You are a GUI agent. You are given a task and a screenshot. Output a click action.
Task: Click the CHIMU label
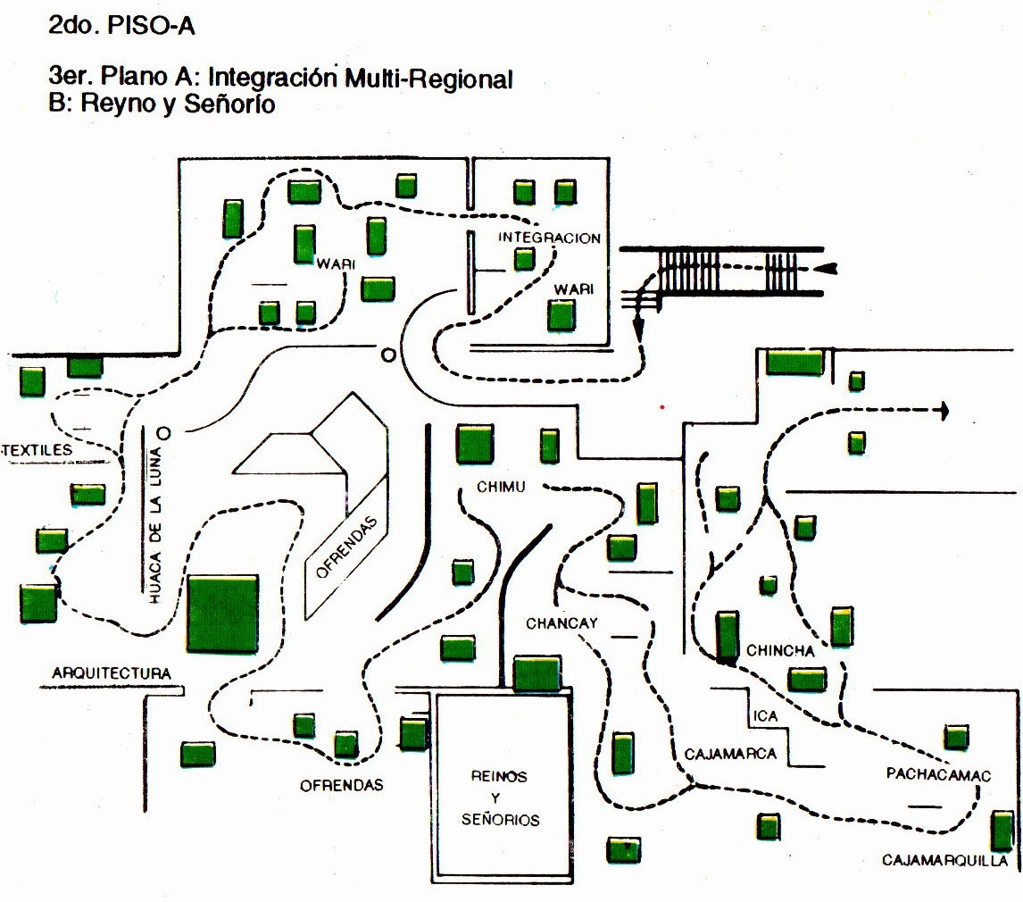coord(500,487)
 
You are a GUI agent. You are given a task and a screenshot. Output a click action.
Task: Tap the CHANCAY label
coord(561,623)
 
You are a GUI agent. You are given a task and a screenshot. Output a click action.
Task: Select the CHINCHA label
coord(780,651)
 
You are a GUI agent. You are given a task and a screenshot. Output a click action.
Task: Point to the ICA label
coord(765,715)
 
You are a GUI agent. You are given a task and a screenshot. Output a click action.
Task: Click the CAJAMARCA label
coord(730,754)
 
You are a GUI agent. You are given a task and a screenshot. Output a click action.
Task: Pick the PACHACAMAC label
coord(938,774)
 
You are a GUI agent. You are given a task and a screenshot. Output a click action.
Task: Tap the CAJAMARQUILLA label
coord(945,861)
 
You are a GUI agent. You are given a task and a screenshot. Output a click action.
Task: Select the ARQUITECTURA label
coord(111,672)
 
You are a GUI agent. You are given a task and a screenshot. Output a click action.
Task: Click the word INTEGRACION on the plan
coord(548,238)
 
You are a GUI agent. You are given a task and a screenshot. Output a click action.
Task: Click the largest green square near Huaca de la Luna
coord(223,614)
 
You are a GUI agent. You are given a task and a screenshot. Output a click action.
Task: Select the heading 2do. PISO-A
coord(121,28)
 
